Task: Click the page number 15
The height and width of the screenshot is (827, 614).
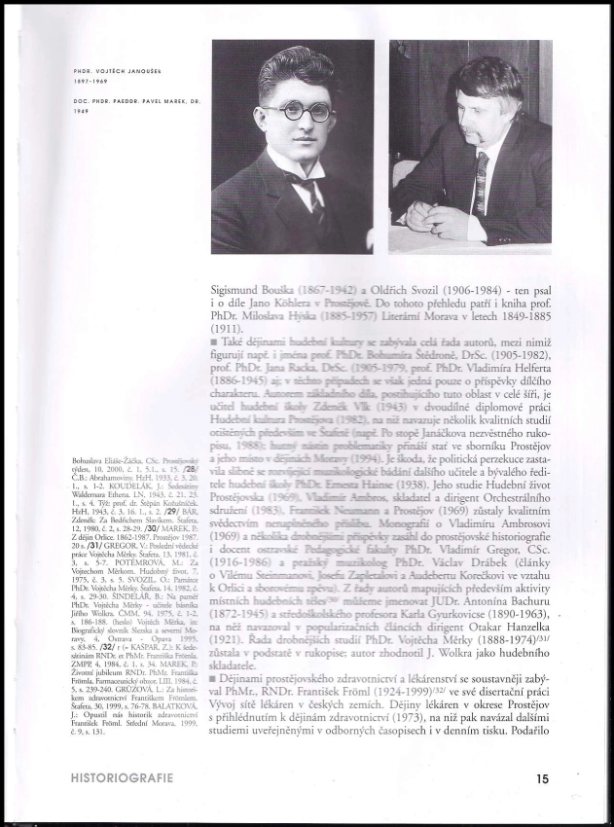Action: tap(541, 778)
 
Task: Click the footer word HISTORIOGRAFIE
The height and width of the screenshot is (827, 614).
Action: tap(116, 778)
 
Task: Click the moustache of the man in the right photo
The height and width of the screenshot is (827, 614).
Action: tap(472, 127)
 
